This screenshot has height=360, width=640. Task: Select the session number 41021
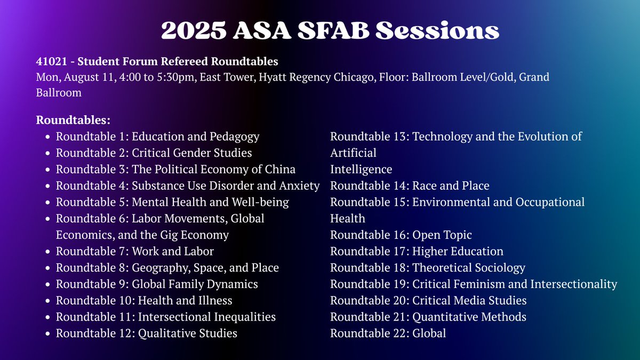coord(50,62)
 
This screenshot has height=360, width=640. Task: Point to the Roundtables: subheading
coord(73,121)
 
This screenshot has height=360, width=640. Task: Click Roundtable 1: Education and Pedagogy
coord(157,137)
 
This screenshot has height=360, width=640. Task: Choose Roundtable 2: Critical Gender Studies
coord(154,153)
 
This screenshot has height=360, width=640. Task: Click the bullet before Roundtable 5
coord(47,203)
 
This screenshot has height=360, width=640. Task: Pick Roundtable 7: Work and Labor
coord(134,251)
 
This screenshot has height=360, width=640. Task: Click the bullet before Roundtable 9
coord(47,284)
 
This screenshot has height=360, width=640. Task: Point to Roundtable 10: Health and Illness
coord(144,301)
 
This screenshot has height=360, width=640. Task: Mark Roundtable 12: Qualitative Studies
coord(147,333)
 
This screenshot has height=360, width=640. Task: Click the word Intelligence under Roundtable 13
coord(361,170)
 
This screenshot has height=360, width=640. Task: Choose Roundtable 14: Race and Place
coord(410,186)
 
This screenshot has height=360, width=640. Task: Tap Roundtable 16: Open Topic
coord(401,235)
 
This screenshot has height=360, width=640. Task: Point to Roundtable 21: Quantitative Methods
coord(428,317)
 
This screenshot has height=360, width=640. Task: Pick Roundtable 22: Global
coord(388,333)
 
